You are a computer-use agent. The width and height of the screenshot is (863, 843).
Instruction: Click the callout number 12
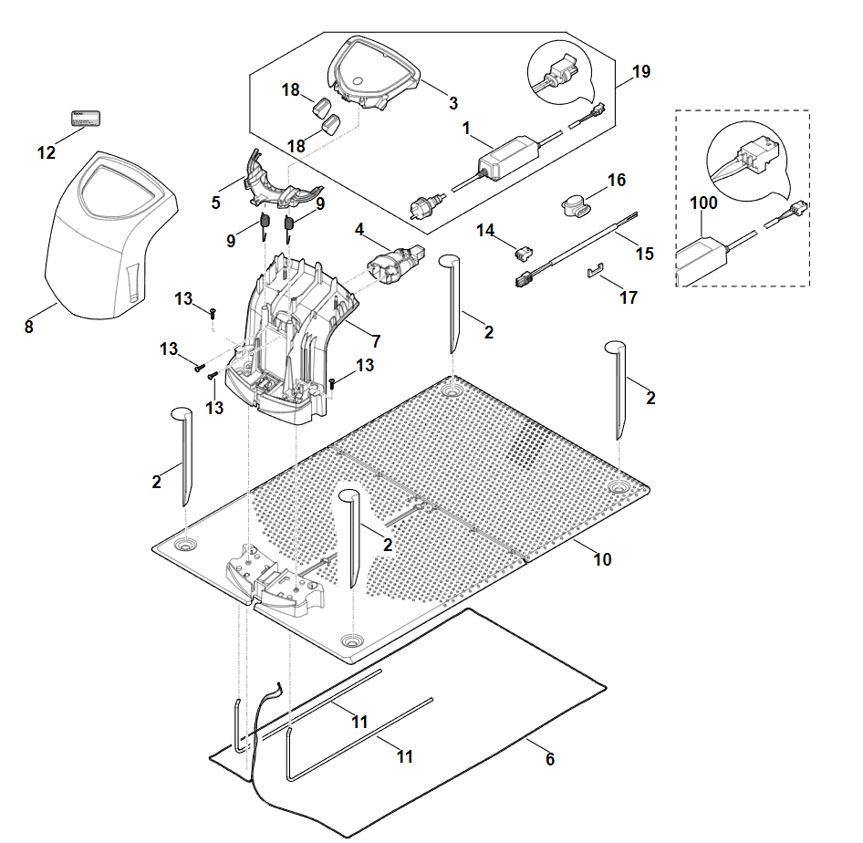(x=46, y=152)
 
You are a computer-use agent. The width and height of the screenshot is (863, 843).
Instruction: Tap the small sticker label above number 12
(x=86, y=118)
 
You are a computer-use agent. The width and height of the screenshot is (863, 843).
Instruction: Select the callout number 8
(x=28, y=327)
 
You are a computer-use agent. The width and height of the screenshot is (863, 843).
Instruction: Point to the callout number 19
(x=641, y=71)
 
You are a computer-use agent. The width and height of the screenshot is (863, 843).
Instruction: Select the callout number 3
(x=452, y=103)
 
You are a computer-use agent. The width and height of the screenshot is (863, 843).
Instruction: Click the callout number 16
(x=617, y=180)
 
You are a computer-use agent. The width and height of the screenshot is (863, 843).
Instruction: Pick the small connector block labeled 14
(x=523, y=247)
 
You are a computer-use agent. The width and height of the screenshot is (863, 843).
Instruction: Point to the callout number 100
(x=704, y=203)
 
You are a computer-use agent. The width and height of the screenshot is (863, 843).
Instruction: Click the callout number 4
(x=360, y=232)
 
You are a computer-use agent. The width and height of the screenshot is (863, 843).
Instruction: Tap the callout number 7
(x=376, y=342)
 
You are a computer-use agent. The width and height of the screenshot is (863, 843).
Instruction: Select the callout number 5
(x=216, y=203)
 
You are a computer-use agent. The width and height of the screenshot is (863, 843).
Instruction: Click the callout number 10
(x=602, y=558)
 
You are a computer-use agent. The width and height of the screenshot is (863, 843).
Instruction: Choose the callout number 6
(x=550, y=758)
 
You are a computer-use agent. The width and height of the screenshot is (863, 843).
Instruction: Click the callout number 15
(x=645, y=253)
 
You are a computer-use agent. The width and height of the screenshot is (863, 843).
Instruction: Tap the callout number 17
(x=628, y=297)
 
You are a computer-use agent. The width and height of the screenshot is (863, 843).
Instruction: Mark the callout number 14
(x=484, y=232)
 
